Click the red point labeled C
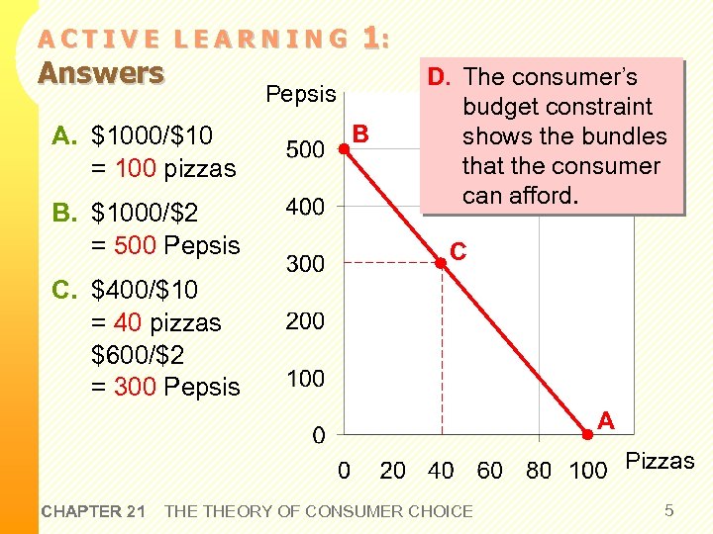point(442,263)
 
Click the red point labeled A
point(587,433)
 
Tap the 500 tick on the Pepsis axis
point(305,150)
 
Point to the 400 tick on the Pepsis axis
point(305,207)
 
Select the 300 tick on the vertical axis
point(305,264)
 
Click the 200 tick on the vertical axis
point(305,321)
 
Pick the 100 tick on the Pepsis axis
point(305,379)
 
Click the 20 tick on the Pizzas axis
point(393,471)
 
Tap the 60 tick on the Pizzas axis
point(490,471)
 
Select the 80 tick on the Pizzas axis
point(539,471)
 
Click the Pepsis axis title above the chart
point(301,94)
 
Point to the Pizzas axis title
point(661,461)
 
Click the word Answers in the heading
point(101,73)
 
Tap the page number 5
point(669,510)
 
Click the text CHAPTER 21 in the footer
point(94,511)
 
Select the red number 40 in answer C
point(128,323)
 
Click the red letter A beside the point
point(606,422)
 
